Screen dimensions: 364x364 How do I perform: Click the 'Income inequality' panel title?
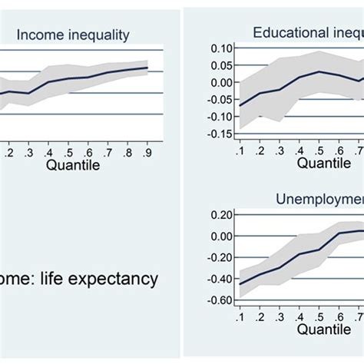74,35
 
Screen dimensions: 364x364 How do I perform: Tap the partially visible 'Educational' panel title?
307,31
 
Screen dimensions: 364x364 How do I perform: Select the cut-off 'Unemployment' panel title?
319,199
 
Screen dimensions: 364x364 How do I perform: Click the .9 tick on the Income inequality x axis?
146,153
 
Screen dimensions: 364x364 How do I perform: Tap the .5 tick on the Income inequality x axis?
68,153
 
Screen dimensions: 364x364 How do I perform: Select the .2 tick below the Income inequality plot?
8,153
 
